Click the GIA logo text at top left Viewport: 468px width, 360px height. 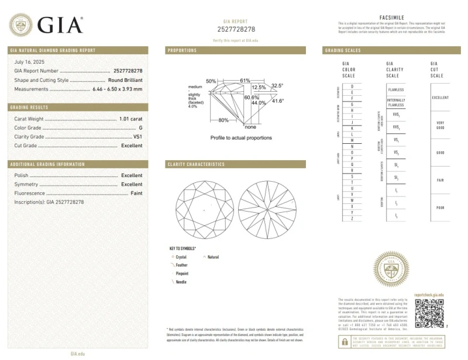tap(60, 25)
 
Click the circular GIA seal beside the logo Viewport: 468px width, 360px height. tap(21, 25)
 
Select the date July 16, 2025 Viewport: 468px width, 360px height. tap(29, 61)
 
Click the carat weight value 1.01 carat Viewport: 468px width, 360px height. tap(130, 119)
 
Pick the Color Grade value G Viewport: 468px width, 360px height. tap(140, 127)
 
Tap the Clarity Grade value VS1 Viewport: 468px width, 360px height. tap(137, 136)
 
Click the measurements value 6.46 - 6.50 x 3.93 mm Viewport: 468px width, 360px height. tap(117, 89)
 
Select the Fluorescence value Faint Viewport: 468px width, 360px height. tap(136, 193)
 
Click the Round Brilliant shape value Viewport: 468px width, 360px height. tap(125, 79)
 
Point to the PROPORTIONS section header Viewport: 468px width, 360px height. tap(183, 50)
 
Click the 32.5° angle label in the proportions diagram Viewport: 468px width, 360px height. tap(277, 85)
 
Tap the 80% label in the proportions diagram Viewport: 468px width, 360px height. tap(223, 120)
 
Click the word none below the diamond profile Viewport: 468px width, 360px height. tap(250, 127)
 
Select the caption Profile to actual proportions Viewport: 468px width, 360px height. tap(241, 138)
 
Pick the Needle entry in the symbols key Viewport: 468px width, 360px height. tap(181, 282)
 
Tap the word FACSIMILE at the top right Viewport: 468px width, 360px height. tap(392, 18)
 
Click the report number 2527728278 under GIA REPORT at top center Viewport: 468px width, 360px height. tap(236, 29)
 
